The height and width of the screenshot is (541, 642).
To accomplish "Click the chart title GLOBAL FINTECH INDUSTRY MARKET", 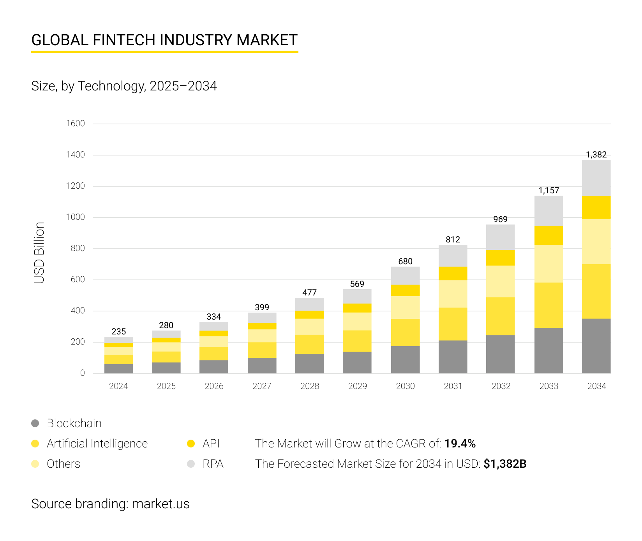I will click(x=164, y=40).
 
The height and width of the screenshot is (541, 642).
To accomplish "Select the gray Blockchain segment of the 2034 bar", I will click(x=596, y=346).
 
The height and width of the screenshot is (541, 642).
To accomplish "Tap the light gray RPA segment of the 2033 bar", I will click(x=549, y=210).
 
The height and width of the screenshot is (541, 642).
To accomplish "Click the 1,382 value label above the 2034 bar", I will click(x=596, y=155).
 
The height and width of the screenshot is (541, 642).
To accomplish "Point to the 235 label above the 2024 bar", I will click(x=118, y=332).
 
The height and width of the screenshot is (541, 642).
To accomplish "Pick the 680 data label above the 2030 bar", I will click(x=405, y=262).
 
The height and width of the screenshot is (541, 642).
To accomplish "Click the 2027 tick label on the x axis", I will click(x=262, y=386).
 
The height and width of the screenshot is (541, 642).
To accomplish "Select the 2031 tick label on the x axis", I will click(x=453, y=386).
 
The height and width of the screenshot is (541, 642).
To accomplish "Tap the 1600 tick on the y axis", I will click(x=75, y=124).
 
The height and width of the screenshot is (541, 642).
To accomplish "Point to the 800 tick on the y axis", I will click(x=78, y=248).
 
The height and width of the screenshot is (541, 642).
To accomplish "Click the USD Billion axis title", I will click(x=39, y=253).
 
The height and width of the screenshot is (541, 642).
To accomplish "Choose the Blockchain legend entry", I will click(x=74, y=423).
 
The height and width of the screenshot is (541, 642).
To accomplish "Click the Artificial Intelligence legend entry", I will click(x=97, y=444).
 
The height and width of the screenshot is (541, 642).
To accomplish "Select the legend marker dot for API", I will click(x=191, y=444).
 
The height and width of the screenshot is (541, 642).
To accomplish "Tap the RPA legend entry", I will click(x=213, y=464).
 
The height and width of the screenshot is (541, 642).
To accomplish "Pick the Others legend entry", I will click(x=63, y=464).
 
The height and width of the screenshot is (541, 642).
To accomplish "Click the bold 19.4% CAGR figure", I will click(x=460, y=444).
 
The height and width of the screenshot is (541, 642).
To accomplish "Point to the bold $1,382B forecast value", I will click(x=505, y=464).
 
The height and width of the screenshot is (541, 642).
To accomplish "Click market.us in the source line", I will click(x=160, y=504).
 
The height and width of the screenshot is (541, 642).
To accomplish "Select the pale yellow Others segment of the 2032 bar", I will click(x=500, y=281).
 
